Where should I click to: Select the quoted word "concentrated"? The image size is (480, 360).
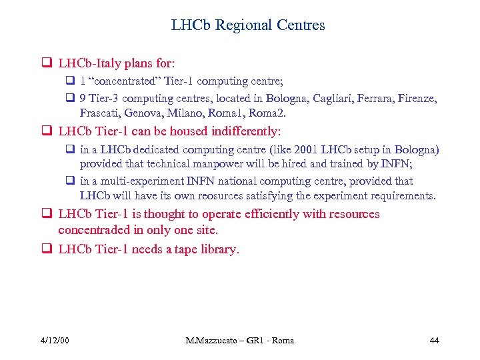point(122,81)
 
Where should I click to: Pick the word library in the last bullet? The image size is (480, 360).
point(217,249)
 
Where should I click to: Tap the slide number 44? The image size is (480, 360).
point(434,340)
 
